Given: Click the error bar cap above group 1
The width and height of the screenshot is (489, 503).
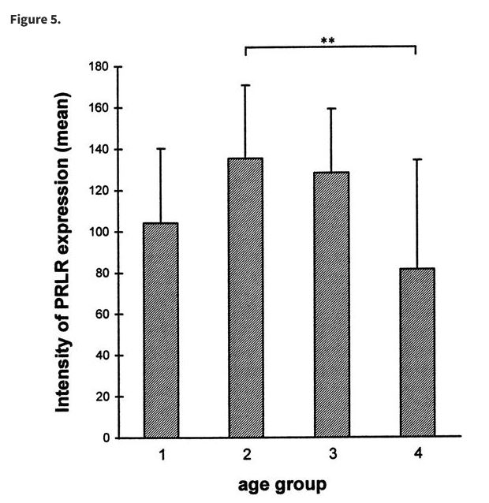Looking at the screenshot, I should point(161,148).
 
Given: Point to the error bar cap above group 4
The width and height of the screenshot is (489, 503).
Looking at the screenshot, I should point(416,159).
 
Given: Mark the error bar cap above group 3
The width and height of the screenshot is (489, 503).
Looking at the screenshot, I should point(331,108).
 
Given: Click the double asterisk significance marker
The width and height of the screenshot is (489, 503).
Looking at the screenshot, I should point(328,40).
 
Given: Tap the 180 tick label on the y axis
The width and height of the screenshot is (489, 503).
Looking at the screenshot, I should point(100,67).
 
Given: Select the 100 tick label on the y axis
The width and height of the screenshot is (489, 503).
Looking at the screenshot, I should point(100,233).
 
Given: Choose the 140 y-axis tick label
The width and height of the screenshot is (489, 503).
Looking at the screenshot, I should point(100,150).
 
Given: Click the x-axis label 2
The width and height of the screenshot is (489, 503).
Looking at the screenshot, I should point(246,455).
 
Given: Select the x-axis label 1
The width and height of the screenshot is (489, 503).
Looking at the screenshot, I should point(161,455).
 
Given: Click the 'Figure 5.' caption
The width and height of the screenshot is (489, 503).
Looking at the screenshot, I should point(35,19).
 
